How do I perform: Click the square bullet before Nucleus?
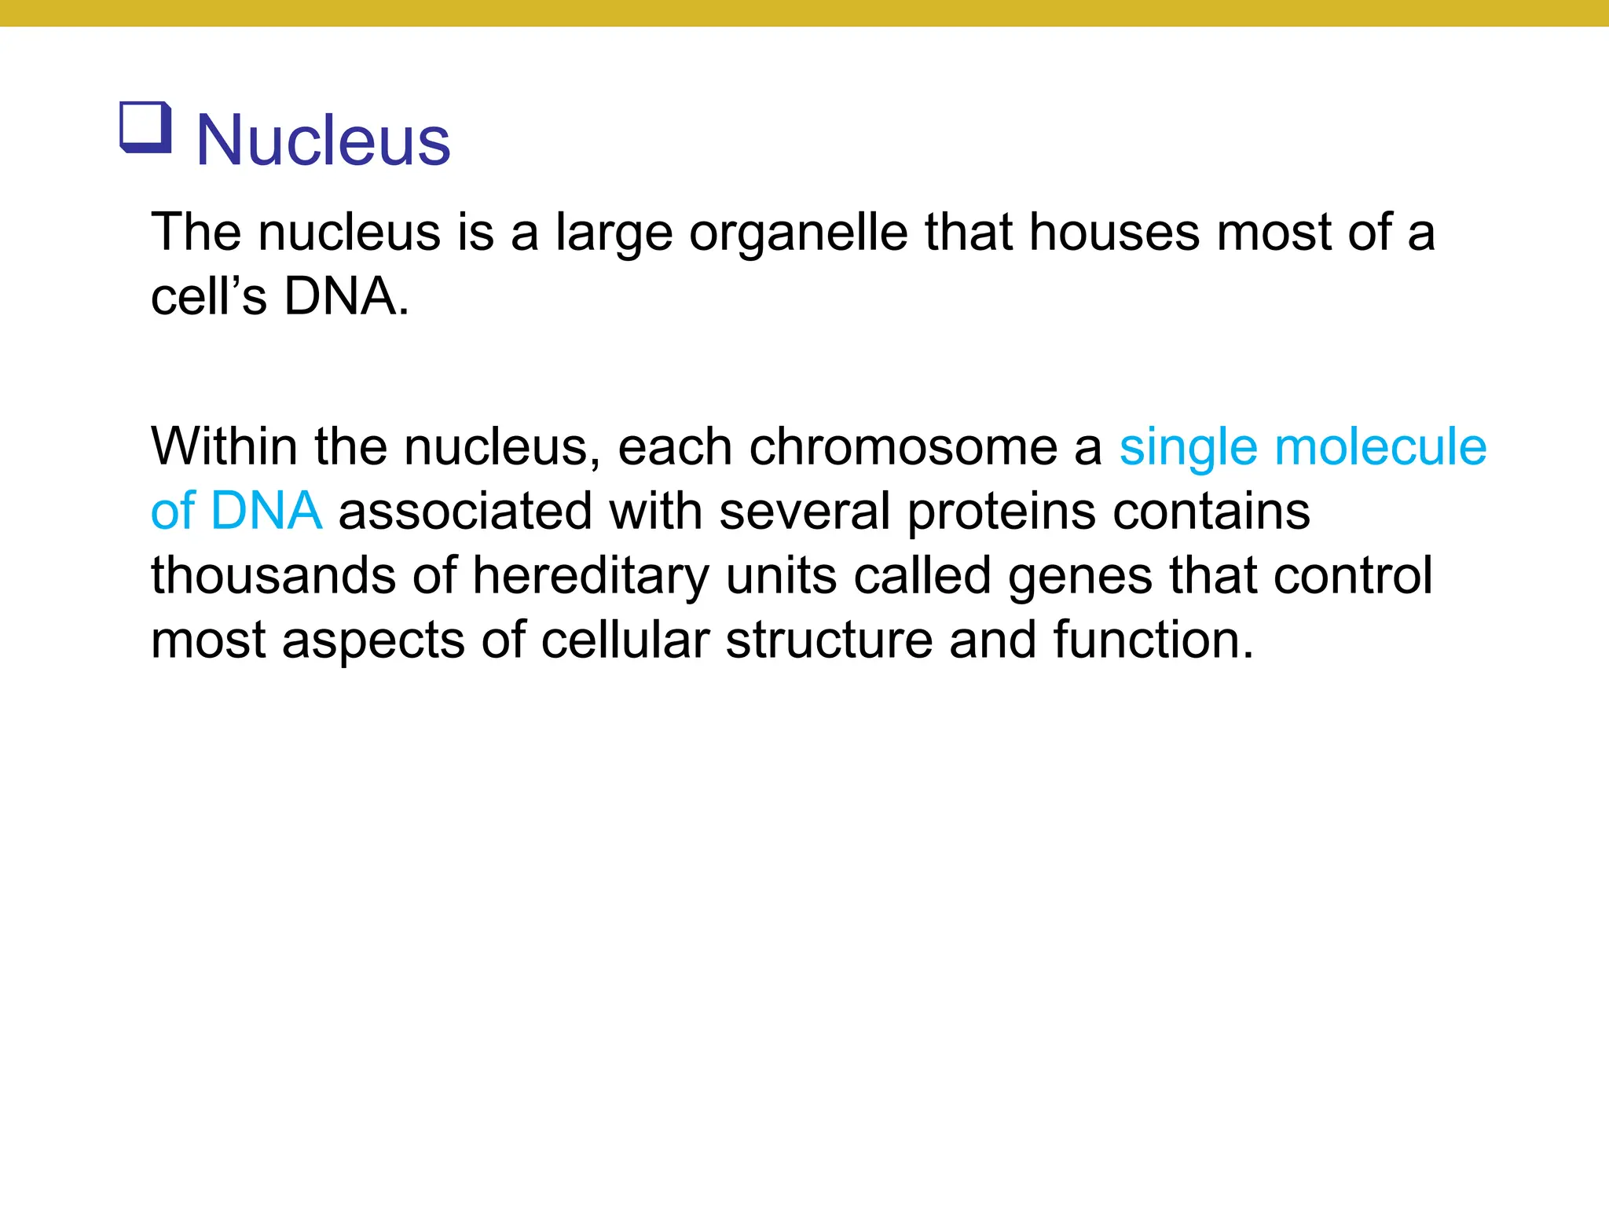point(145,127)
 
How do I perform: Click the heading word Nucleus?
point(322,141)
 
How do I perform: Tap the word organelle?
point(797,233)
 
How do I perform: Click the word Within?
point(224,446)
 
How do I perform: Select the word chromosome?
point(903,446)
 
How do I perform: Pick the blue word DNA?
point(266,511)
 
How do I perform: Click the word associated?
point(465,511)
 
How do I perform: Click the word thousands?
point(274,575)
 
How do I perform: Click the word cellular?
point(625,640)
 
